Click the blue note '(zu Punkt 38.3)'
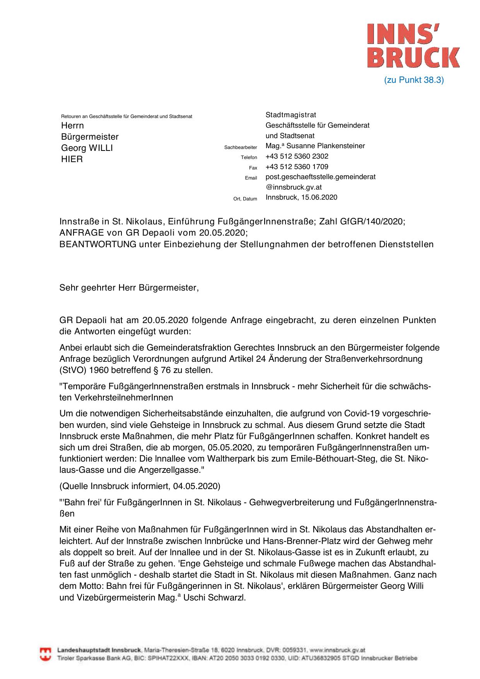[414, 80]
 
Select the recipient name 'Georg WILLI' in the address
[87, 148]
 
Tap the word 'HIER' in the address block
[72, 159]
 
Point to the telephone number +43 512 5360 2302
[297, 156]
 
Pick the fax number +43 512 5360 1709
[297, 167]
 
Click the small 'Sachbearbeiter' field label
[241, 147]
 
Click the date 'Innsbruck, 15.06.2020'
[301, 197]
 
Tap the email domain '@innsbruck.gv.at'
[294, 187]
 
